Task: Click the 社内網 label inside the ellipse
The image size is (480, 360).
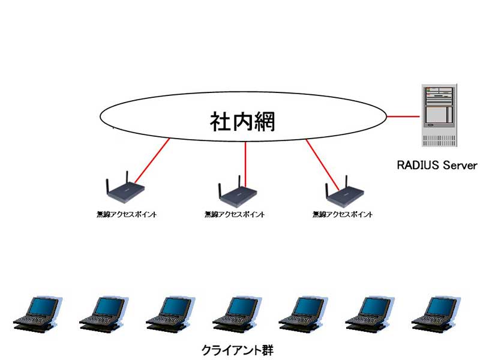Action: [242, 122]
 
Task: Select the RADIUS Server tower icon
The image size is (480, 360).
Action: [439, 115]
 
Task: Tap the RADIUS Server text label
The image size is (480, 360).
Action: [437, 166]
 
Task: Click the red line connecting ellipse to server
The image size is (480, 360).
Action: [403, 116]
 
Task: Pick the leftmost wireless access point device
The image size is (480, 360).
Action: [125, 187]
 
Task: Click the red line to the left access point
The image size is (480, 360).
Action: [152, 160]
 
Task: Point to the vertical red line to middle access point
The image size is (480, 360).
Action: [245, 164]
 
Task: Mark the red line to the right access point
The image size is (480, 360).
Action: [322, 164]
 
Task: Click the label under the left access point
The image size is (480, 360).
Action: [127, 214]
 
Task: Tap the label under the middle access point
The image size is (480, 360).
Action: [235, 214]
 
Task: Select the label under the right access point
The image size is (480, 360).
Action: [342, 214]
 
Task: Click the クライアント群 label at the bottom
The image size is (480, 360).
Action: [237, 350]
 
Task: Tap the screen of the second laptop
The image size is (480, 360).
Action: [110, 306]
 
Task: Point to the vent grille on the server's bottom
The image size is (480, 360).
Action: [439, 140]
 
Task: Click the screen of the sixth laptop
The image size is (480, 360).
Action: [376, 306]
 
